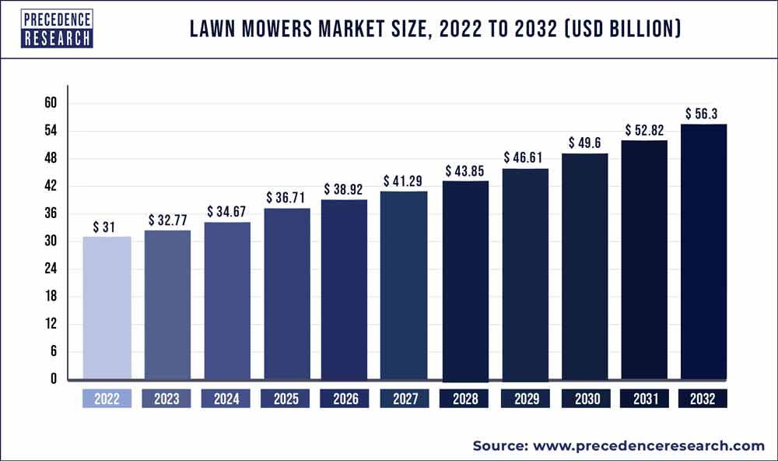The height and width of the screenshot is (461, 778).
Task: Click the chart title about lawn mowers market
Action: point(436,30)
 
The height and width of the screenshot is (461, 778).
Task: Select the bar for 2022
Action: point(107,308)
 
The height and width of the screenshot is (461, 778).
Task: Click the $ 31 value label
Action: point(107,227)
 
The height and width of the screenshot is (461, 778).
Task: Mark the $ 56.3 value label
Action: point(703,114)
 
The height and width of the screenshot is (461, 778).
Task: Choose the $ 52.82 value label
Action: point(644,130)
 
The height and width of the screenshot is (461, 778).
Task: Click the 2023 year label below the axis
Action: point(166,399)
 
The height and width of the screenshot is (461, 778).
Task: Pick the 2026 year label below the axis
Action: point(345,399)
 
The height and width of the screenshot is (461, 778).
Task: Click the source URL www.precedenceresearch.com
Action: point(648,445)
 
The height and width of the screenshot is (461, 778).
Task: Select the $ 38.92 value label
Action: point(345,189)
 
